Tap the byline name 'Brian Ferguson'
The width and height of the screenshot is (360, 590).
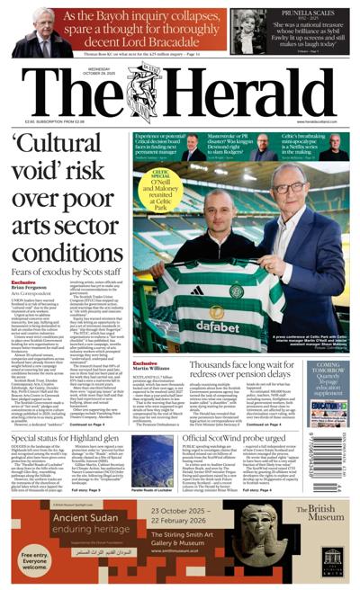tap(31, 288)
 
